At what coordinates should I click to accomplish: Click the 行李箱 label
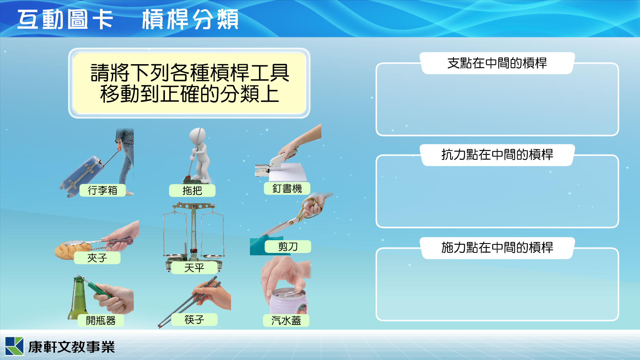103,191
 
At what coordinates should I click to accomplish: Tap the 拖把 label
192,191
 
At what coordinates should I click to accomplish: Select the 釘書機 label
287,188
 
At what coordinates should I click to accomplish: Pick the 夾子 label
97,258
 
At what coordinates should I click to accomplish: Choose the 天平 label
194,268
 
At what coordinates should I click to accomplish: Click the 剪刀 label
288,246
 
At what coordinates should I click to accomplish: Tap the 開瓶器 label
101,320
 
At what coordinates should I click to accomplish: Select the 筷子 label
194,319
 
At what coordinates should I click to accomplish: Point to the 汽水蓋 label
286,320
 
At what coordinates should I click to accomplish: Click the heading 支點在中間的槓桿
497,63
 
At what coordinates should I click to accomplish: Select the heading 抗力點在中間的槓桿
497,155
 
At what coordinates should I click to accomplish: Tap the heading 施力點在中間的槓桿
497,247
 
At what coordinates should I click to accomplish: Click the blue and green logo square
14,346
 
